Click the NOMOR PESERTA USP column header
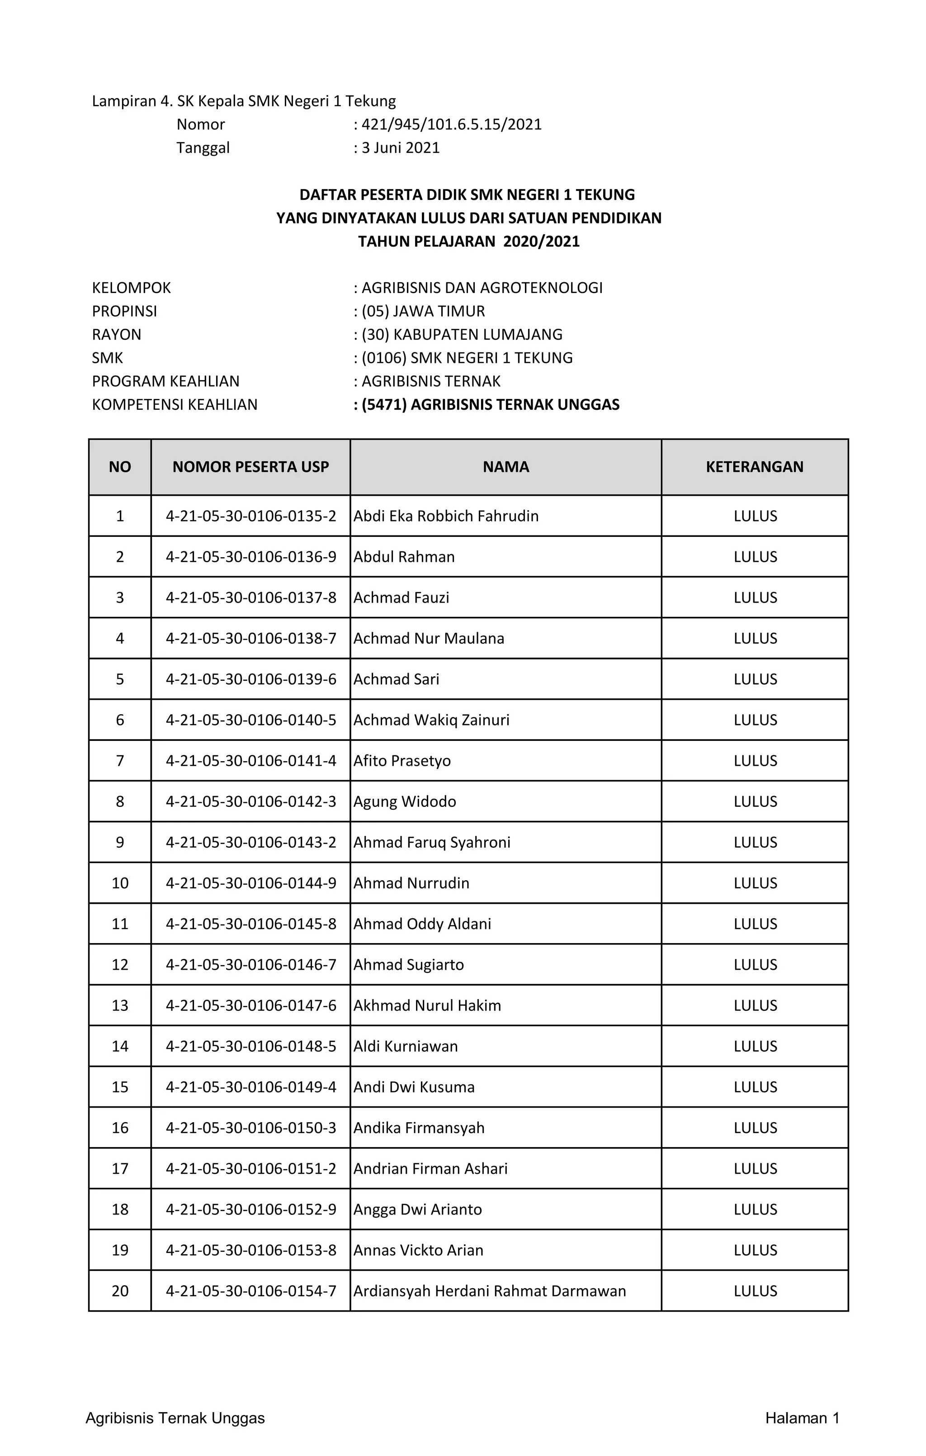[250, 467]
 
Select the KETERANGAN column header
[754, 467]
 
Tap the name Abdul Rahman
[404, 556]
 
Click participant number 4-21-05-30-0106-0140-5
[251, 720]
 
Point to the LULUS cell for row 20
[755, 1291]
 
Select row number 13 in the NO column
[120, 1005]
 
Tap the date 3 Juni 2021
[400, 147]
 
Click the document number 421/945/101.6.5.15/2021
[451, 124]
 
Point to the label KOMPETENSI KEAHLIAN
[175, 404]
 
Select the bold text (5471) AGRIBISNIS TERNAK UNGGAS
[490, 404]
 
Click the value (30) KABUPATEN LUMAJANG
[462, 334]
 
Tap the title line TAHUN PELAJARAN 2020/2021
[468, 241]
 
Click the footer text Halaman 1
[802, 1418]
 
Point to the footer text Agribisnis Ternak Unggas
[175, 1418]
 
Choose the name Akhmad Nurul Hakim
[427, 1005]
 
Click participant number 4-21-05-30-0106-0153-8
[251, 1250]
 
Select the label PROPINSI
[124, 311]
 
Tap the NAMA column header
[506, 467]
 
